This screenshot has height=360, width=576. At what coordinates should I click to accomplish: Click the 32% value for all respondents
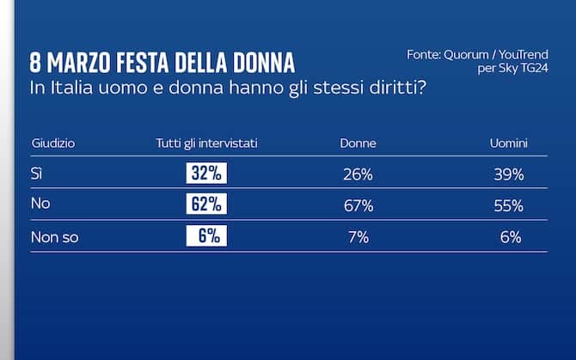(206, 174)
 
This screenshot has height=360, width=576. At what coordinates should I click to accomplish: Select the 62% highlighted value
(206, 204)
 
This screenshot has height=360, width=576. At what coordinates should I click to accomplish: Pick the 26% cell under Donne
(357, 174)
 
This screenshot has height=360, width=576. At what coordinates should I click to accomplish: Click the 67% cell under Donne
(357, 205)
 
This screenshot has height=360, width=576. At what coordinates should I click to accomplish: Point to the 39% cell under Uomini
(509, 174)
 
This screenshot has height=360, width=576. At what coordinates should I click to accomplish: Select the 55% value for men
(509, 205)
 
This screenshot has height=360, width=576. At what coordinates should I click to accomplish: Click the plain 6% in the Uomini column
(511, 237)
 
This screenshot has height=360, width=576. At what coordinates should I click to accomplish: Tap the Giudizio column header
(53, 143)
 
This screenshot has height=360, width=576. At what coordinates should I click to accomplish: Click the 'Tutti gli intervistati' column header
(206, 143)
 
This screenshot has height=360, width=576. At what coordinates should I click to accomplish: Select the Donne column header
(358, 143)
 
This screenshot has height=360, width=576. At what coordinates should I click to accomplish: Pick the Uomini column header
(509, 143)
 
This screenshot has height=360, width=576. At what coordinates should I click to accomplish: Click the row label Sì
(36, 174)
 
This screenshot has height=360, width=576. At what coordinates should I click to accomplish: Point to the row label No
(40, 205)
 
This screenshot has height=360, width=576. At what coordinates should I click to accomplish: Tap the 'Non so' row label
(54, 237)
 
